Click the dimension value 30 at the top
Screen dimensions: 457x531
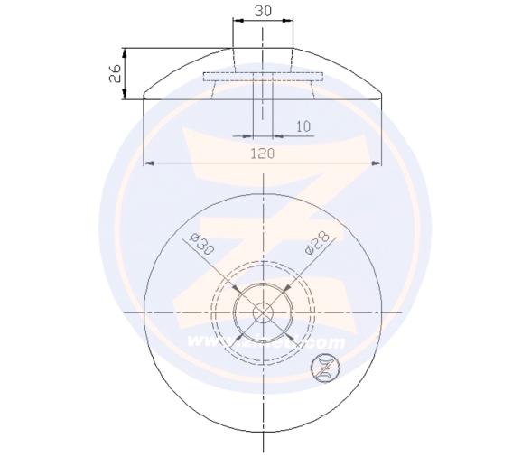click(263, 10)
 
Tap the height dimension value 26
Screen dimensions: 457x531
click(116, 73)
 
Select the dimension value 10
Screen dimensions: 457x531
click(303, 126)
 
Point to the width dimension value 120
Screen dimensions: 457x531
click(262, 154)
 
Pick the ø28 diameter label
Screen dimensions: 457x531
click(321, 245)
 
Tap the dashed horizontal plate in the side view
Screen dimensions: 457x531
click(263, 76)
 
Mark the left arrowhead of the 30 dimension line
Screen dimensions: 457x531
click(236, 19)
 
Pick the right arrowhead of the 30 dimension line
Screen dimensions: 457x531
click(290, 19)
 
